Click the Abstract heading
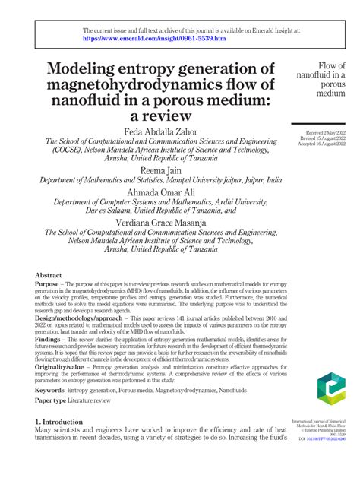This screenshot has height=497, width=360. point(50,275)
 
